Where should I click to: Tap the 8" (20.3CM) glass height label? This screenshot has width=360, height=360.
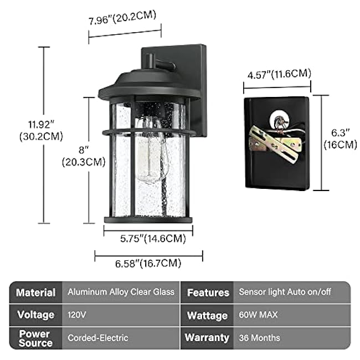[83, 156]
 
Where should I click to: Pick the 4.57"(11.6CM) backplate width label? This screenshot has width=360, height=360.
[279, 74]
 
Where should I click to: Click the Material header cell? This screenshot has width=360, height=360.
[35, 292]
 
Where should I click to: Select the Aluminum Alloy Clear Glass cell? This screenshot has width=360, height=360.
[121, 292]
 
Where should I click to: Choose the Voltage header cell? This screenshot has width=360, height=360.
[35, 315]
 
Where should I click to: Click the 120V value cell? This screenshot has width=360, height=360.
[77, 315]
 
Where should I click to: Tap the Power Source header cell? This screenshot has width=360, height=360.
[35, 337]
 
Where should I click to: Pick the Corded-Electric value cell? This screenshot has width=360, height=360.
[98, 337]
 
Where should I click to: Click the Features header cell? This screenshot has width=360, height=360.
[208, 292]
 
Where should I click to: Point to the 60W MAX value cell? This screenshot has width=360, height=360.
[258, 315]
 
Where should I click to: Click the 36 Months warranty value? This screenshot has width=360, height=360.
[259, 337]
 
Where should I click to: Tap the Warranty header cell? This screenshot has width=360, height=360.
[207, 337]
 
